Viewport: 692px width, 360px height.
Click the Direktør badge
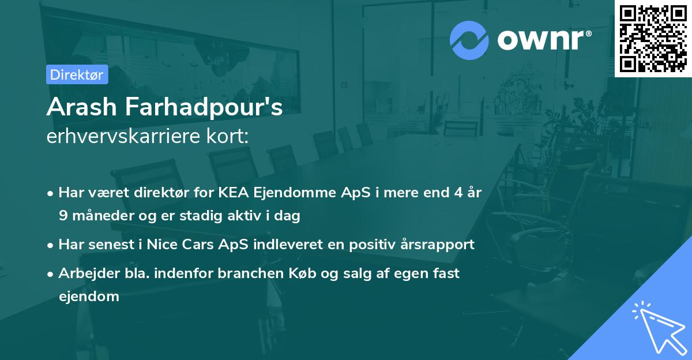pos(77,74)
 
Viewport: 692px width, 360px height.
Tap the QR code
pos(653,38)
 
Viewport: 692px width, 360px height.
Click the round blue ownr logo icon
pos(469,40)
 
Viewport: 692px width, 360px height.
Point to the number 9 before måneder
pos(63,216)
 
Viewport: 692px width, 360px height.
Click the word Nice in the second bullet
pos(163,244)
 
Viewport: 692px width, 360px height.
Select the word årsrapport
pos(438,244)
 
